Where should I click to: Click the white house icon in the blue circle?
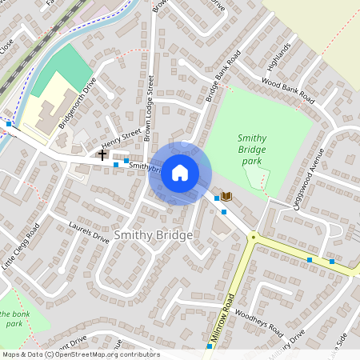[x=180, y=172]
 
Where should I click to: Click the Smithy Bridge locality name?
[x=154, y=235]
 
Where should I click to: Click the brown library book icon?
[x=226, y=196]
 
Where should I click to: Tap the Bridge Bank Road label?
[x=222, y=76]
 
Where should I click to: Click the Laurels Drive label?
[x=88, y=231]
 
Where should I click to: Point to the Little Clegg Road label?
[x=20, y=250]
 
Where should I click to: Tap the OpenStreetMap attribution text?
[x=81, y=354]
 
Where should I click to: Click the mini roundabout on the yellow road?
[x=254, y=237]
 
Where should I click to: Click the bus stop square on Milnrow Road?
[x=210, y=346]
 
